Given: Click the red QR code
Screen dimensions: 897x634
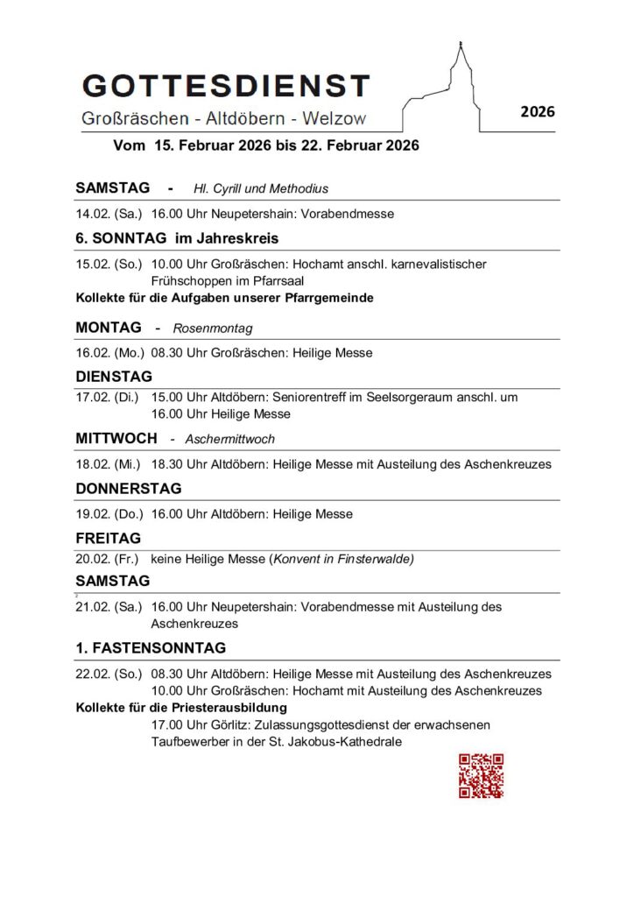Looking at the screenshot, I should (481, 775).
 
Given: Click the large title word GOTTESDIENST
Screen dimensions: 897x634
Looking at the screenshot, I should (226, 86).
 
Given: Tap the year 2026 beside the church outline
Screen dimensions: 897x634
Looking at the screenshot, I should (538, 112).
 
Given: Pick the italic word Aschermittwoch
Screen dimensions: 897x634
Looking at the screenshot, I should (230, 439).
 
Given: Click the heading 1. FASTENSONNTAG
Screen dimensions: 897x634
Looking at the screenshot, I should (151, 648).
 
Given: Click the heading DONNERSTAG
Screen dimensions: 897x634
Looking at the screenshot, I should (129, 488).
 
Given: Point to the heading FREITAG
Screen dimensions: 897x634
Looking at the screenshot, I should (109, 539).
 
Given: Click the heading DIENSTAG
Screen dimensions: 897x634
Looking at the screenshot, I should (114, 377).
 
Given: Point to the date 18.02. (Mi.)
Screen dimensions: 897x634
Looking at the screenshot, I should (109, 464).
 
